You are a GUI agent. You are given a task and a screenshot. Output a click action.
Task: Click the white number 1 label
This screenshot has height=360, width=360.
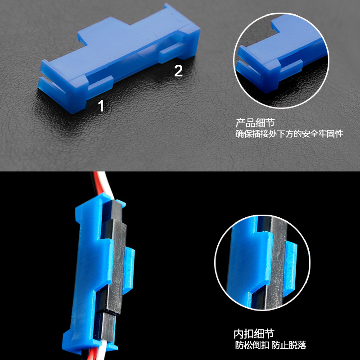pyautogui.click(x=101, y=106)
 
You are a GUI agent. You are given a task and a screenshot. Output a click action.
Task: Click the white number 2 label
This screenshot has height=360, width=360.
pyautogui.click(x=178, y=71)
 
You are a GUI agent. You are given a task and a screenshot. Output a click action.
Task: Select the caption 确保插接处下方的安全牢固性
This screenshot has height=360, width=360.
pyautogui.click(x=289, y=134)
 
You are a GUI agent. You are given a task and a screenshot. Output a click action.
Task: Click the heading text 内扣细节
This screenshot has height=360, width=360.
pyautogui.click(x=254, y=334)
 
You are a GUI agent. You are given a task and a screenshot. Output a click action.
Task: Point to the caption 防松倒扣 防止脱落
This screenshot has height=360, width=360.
pyautogui.click(x=271, y=346)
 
